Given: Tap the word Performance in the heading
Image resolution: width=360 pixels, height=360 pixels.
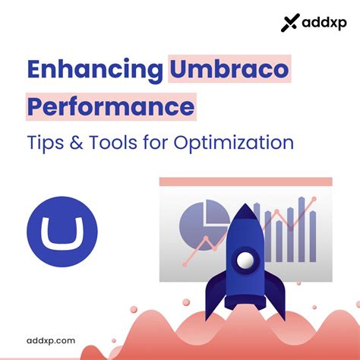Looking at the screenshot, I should click(110, 106).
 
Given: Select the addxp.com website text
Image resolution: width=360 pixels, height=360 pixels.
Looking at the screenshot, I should click(50, 341).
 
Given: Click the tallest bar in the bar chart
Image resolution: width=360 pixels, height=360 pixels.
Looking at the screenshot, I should click(302, 228).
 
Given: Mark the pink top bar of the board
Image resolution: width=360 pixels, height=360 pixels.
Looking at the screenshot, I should click(245, 182).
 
